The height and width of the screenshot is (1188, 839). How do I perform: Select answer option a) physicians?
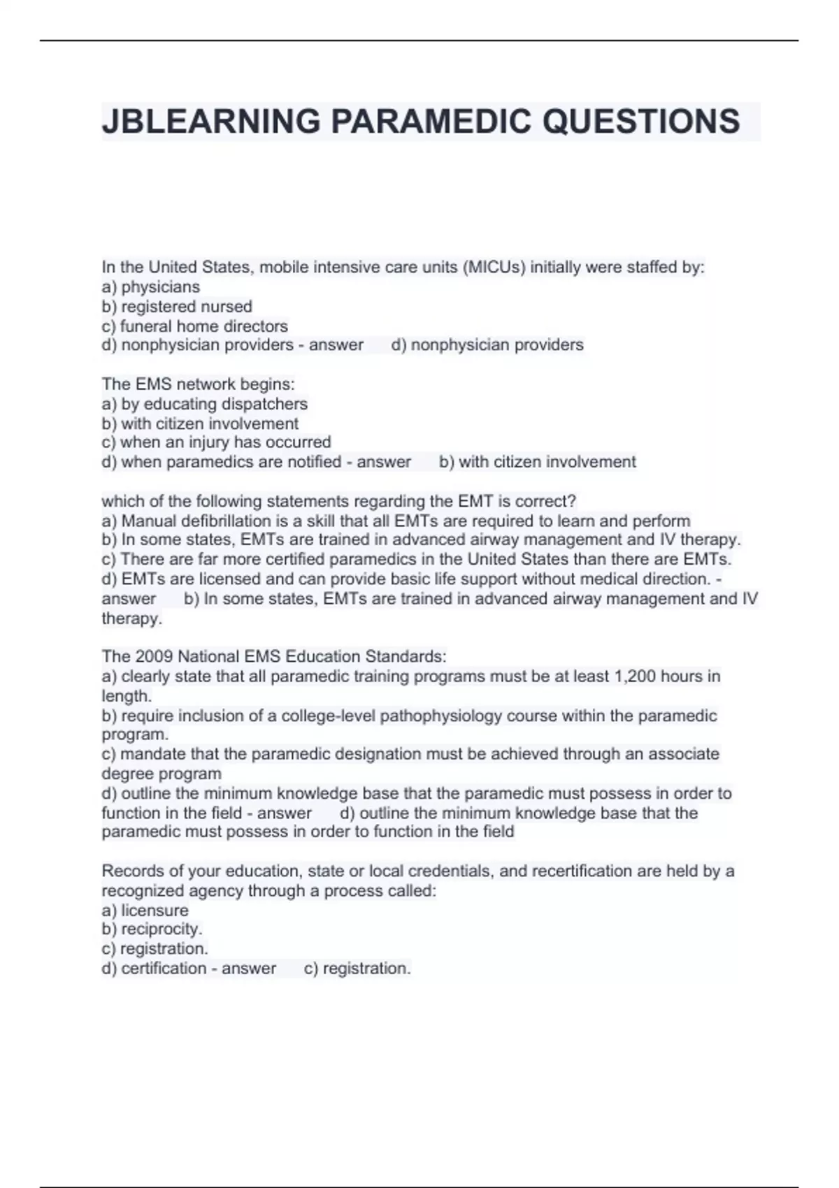coord(151,287)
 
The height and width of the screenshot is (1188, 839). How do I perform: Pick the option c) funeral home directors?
coord(195,326)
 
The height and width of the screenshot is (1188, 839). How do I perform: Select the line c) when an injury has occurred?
coord(217,442)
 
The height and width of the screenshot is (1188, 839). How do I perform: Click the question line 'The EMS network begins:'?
coord(198,384)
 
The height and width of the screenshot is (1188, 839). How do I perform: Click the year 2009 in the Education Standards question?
coord(154,657)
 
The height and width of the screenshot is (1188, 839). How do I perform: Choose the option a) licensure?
coord(145,911)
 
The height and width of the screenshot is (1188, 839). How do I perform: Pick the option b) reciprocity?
coord(152,929)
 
